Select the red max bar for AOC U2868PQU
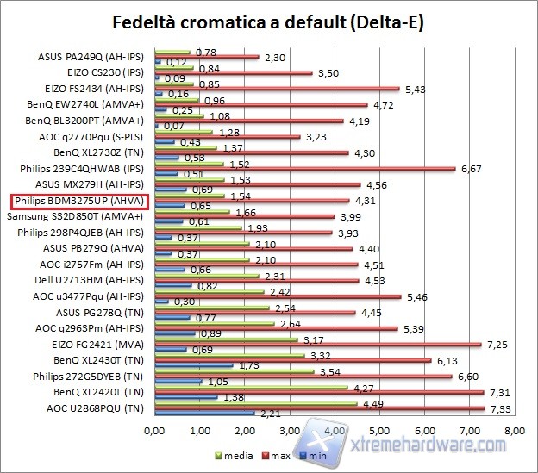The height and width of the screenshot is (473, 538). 319,408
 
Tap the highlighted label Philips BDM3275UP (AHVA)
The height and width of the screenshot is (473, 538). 80,201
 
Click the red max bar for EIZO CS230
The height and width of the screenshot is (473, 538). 233,72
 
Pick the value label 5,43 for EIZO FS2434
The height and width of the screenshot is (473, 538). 415,88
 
